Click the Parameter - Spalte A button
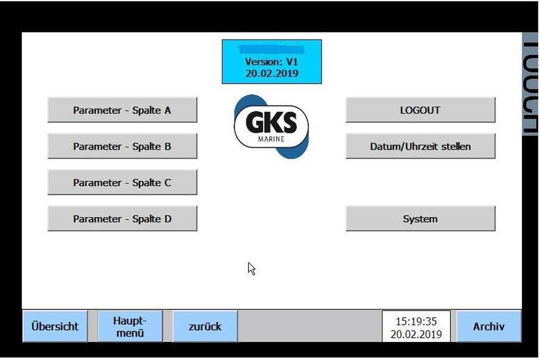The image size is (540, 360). [x=122, y=110]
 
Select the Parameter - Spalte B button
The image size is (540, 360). [x=122, y=146]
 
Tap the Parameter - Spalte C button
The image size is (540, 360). [x=122, y=182]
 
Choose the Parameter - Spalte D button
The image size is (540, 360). [x=122, y=219]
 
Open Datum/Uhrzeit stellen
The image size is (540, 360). [x=420, y=146]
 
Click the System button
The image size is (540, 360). [x=420, y=219]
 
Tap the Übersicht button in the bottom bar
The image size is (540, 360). [x=54, y=326]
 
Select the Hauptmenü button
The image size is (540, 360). [x=130, y=326]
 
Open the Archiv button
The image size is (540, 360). [x=488, y=326]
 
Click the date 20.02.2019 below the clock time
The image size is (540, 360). [x=416, y=334]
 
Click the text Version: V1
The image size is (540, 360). [x=271, y=62]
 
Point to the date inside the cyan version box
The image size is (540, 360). [x=271, y=73]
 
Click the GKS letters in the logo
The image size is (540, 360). [x=271, y=123]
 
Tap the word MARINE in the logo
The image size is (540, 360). [x=271, y=139]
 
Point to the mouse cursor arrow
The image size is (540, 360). [x=251, y=268]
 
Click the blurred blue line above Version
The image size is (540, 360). [x=271, y=49]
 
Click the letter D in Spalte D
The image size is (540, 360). [x=168, y=219]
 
